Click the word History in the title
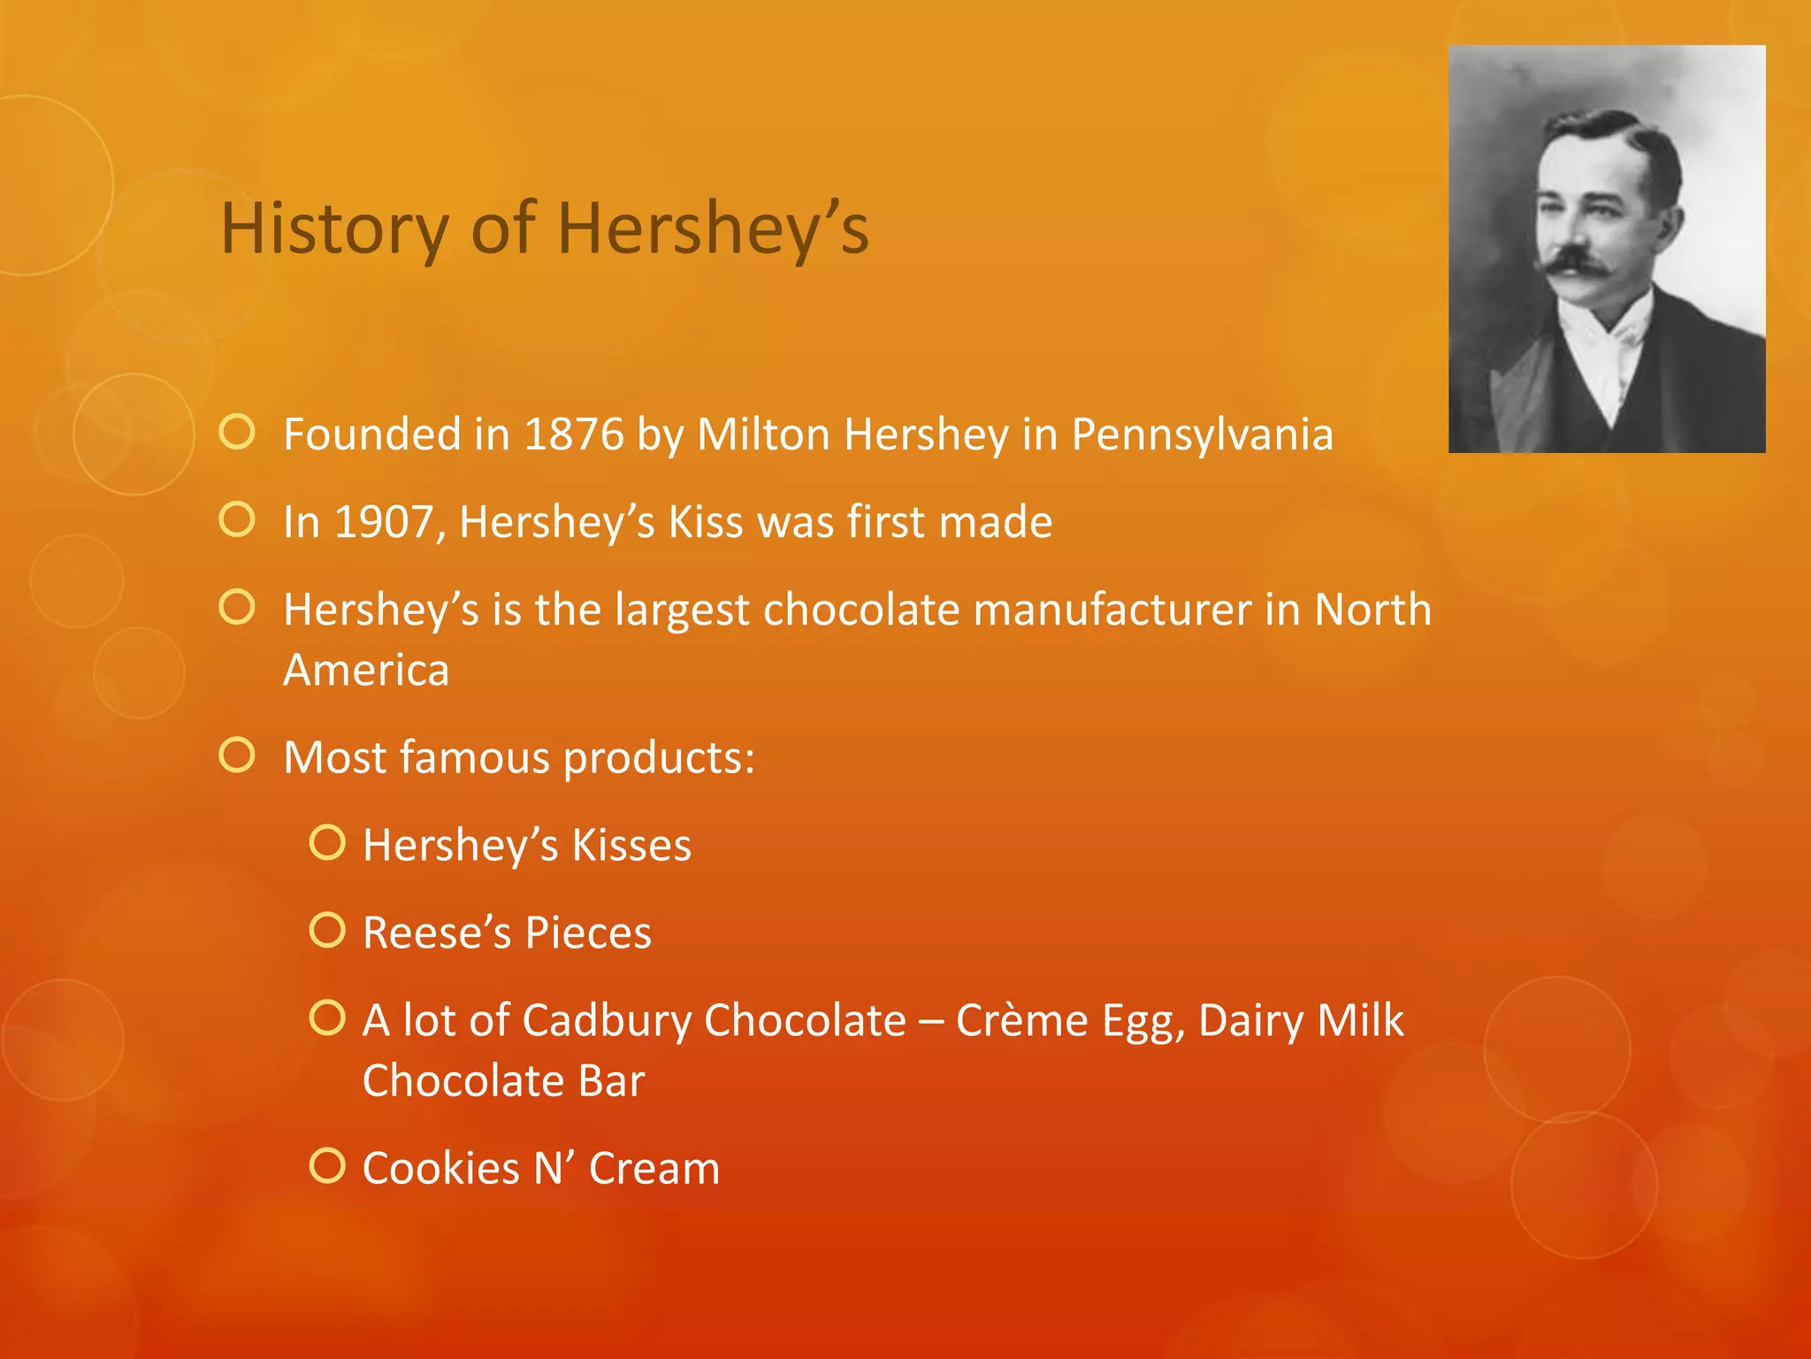(x=335, y=229)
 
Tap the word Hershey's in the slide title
(x=713, y=229)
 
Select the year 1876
(x=574, y=434)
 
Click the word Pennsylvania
(x=1202, y=434)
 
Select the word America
(x=366, y=670)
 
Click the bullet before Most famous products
(x=237, y=756)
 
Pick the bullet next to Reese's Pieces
(x=327, y=931)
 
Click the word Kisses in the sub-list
(x=631, y=845)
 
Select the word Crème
(x=1021, y=1020)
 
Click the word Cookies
(x=440, y=1168)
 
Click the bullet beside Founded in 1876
(x=237, y=433)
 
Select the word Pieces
(x=588, y=933)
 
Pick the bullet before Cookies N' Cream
(x=327, y=1166)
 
